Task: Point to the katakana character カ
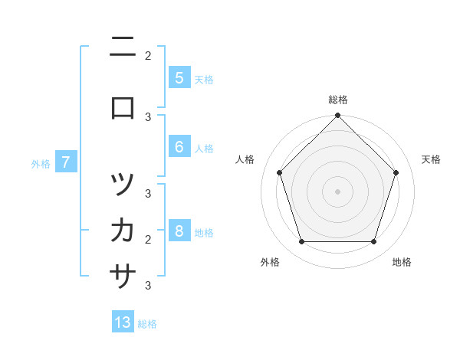(x=123, y=229)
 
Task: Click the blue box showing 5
(x=179, y=77)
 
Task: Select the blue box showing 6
(x=179, y=147)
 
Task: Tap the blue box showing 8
(x=179, y=231)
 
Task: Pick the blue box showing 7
(x=66, y=162)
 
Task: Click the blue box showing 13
(x=123, y=322)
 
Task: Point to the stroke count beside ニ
(x=148, y=55)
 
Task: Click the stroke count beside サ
(x=148, y=286)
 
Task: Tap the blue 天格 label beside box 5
(x=204, y=79)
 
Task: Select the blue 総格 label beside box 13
(x=147, y=324)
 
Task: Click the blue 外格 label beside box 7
(x=41, y=163)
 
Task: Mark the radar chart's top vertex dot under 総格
(x=337, y=116)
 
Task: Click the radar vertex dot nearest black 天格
(x=396, y=172)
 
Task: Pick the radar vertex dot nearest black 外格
(x=301, y=242)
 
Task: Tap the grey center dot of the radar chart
(x=337, y=191)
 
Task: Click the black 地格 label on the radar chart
(x=402, y=262)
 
